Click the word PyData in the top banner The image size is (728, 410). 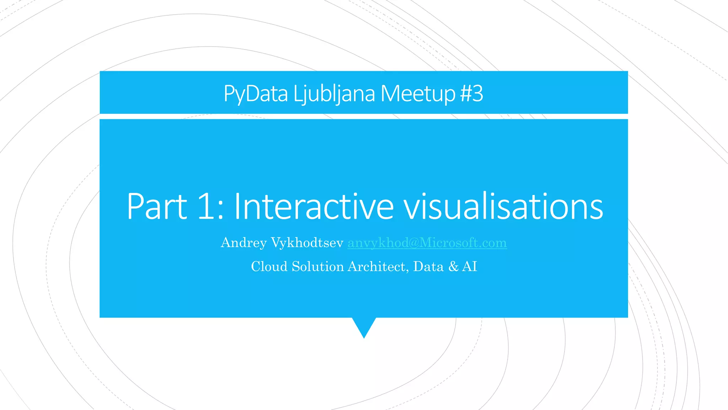(255, 94)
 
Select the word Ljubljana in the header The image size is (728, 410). (334, 94)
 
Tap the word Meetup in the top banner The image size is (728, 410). (418, 94)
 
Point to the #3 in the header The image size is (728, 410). (471, 94)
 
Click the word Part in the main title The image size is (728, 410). (157, 206)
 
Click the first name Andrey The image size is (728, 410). (243, 243)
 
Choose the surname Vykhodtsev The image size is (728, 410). (307, 243)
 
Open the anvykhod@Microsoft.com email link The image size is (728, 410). (427, 243)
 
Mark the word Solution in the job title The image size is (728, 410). (318, 267)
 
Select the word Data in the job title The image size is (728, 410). (428, 267)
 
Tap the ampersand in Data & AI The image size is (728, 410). (454, 267)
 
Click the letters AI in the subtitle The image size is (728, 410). (470, 267)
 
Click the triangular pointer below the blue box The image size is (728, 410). (364, 326)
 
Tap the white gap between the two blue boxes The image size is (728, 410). (364, 116)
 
